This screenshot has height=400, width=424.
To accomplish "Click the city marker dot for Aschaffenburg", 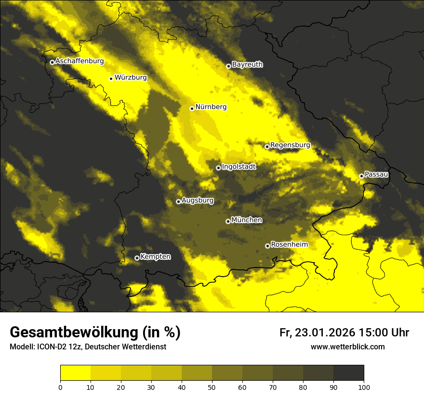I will pyautogui.click(x=52, y=62).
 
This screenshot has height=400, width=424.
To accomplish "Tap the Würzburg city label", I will pyautogui.click(x=131, y=77).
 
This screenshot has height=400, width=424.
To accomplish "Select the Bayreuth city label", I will pyautogui.click(x=247, y=64).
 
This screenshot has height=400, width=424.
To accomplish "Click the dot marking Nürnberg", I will pyautogui.click(x=192, y=108).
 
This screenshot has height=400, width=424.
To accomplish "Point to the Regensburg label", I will pyautogui.click(x=290, y=145).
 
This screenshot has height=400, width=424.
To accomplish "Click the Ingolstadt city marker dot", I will pyautogui.click(x=218, y=168).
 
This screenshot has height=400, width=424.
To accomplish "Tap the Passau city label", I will pyautogui.click(x=376, y=174).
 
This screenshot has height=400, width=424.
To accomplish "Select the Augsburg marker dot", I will pyautogui.click(x=178, y=201).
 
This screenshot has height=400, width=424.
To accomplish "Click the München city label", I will pyautogui.click(x=247, y=220).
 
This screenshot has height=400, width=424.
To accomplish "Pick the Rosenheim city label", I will pyautogui.click(x=289, y=244).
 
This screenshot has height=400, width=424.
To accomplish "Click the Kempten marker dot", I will pyautogui.click(x=137, y=258).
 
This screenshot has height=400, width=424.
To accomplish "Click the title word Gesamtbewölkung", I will pyautogui.click(x=74, y=333).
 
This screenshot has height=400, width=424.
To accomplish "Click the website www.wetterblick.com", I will pyautogui.click(x=347, y=347).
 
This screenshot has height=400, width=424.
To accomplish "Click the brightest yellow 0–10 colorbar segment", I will pyautogui.click(x=75, y=373).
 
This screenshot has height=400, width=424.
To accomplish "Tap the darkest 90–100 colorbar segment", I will pyautogui.click(x=348, y=373).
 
